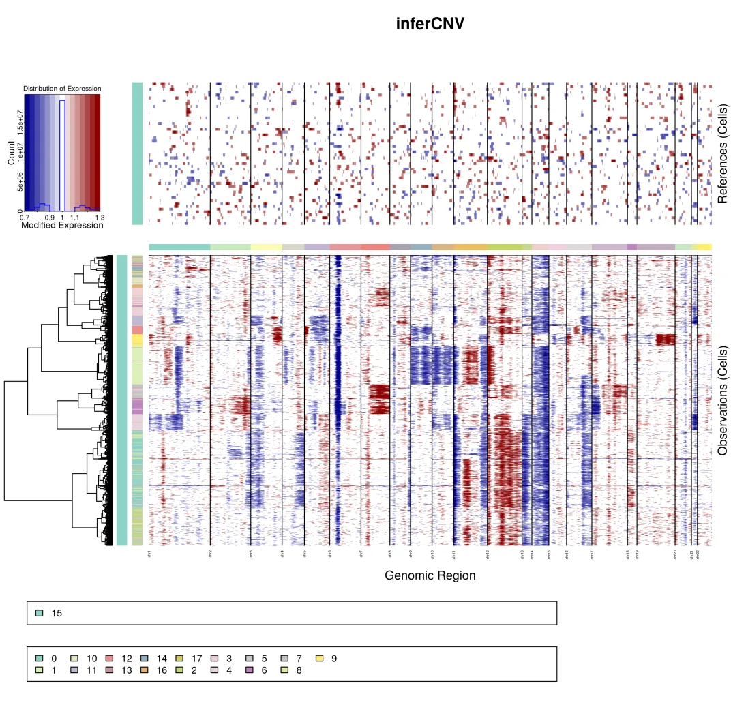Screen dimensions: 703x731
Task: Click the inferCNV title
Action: [x=430, y=24]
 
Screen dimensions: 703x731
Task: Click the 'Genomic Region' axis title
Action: [x=430, y=575]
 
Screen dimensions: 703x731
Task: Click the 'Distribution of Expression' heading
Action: [x=62, y=89]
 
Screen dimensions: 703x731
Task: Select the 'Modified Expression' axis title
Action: [x=62, y=225]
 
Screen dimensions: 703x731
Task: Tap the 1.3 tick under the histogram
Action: [x=100, y=217]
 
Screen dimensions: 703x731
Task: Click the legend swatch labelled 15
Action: [x=39, y=613]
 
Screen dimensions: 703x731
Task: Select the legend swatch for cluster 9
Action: [x=320, y=659]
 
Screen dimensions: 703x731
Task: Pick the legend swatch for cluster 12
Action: [x=109, y=659]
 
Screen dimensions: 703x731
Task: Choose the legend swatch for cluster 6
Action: [x=250, y=670]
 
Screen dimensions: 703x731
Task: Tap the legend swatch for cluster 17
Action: [x=179, y=659]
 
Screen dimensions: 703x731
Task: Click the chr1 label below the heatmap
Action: [x=149, y=555]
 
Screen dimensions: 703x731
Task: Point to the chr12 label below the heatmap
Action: [x=488, y=555]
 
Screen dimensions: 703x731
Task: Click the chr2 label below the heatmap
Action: [x=210, y=555]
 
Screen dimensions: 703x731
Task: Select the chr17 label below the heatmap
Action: [x=592, y=555]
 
